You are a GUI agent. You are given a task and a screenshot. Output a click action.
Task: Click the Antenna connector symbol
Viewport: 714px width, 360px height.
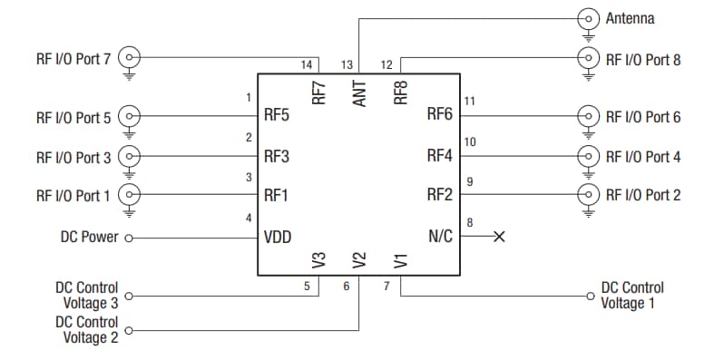click(590, 18)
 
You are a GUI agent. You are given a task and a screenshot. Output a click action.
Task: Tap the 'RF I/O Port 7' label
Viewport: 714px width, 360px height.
click(73, 59)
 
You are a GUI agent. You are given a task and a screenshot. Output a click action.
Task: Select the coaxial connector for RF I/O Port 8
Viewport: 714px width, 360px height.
click(590, 59)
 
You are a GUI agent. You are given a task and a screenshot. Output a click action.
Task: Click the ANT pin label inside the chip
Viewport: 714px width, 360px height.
click(359, 93)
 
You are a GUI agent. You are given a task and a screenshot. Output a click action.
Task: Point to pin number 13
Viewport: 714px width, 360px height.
click(347, 65)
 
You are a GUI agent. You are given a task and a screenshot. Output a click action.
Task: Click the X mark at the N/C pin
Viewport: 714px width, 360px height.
click(498, 237)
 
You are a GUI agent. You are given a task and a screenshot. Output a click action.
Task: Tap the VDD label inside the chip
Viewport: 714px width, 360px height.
click(278, 237)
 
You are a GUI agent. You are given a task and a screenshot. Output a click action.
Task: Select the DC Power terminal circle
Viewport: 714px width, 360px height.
click(129, 238)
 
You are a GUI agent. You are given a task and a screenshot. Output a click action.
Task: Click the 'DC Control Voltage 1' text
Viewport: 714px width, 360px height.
click(632, 296)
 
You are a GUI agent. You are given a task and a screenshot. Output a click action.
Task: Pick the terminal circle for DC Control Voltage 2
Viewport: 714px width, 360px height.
click(129, 331)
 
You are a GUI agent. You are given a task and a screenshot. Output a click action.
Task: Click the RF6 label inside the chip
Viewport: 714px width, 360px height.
click(440, 115)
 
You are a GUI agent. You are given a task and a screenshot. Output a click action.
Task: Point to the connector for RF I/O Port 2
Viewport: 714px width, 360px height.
click(590, 194)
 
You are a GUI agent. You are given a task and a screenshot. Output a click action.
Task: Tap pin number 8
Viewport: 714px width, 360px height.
click(469, 222)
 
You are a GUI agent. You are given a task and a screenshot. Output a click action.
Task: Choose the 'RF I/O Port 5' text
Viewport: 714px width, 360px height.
click(73, 117)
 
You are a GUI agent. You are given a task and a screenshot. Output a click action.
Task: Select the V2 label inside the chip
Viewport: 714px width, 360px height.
click(359, 260)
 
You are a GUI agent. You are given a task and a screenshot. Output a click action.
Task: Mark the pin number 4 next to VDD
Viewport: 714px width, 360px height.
click(249, 218)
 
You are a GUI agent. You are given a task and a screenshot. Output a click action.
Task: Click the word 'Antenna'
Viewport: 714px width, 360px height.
click(630, 18)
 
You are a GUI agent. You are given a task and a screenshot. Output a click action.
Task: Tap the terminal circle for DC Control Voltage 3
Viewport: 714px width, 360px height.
click(129, 296)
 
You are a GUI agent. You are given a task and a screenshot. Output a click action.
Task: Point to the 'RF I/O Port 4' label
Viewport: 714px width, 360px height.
click(643, 157)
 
